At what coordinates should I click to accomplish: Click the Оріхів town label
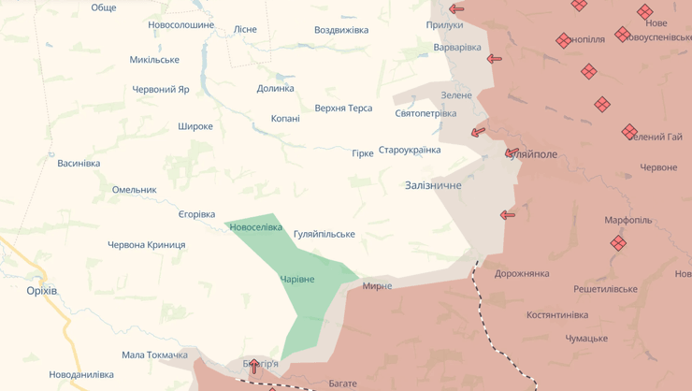pyautogui.click(x=42, y=291)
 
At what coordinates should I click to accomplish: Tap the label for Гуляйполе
pyautogui.click(x=534, y=154)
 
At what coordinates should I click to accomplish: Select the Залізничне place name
pyautogui.click(x=433, y=185)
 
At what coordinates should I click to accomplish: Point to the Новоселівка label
pyautogui.click(x=255, y=227)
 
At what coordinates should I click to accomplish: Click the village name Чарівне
pyautogui.click(x=297, y=280)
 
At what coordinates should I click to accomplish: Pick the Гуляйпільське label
pyautogui.click(x=324, y=234)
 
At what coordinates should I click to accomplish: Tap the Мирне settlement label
pyautogui.click(x=377, y=285)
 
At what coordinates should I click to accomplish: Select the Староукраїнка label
pyautogui.click(x=410, y=150)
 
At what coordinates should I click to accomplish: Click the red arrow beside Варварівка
pyautogui.click(x=494, y=59)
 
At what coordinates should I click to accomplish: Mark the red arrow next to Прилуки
pyautogui.click(x=456, y=9)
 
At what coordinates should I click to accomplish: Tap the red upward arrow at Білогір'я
pyautogui.click(x=253, y=366)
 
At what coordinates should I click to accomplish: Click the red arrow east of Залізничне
pyautogui.click(x=508, y=215)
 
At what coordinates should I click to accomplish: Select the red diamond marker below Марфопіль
pyautogui.click(x=618, y=243)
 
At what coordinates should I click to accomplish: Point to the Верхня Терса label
pyautogui.click(x=343, y=109)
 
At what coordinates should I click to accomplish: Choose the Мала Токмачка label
pyautogui.click(x=154, y=355)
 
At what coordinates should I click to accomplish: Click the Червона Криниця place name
pyautogui.click(x=146, y=245)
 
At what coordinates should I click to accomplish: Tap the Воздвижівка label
pyautogui.click(x=341, y=30)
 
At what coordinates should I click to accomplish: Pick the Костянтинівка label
pyautogui.click(x=570, y=315)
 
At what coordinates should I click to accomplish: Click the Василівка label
pyautogui.click(x=79, y=164)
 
